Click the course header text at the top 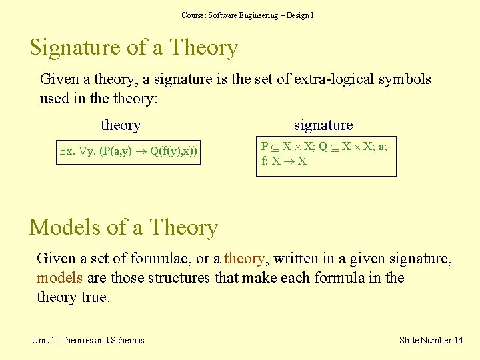coord(247,15)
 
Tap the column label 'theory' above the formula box coord(121,125)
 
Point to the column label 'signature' coord(323,125)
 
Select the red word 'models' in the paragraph coord(59,277)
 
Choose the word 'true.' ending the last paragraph coord(95,297)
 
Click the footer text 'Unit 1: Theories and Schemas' coord(88,340)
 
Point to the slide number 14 coord(457,340)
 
